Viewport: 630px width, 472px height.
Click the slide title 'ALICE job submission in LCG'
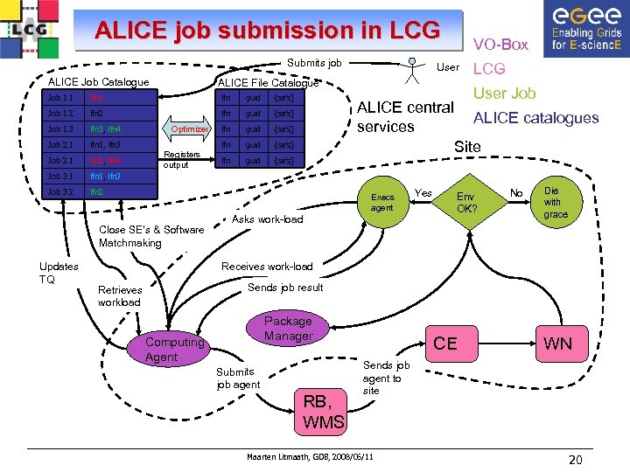pyautogui.click(x=267, y=31)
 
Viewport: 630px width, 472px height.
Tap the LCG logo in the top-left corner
pyautogui.click(x=31, y=31)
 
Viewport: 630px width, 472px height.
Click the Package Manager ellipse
pyautogui.click(x=288, y=329)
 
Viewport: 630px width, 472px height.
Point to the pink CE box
pyautogui.click(x=445, y=344)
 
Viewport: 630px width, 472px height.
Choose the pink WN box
pyautogui.click(x=557, y=344)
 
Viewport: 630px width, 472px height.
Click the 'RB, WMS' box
pyautogui.click(x=323, y=412)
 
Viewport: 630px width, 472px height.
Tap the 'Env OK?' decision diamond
pyautogui.click(x=467, y=203)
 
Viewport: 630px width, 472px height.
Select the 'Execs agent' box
pyautogui.click(x=381, y=203)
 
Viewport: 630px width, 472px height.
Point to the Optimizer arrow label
pyautogui.click(x=189, y=128)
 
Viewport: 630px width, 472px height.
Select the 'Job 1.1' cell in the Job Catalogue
pyautogui.click(x=60, y=98)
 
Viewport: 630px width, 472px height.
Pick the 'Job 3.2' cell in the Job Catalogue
pyautogui.click(x=60, y=191)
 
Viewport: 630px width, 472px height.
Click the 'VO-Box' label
pyautogui.click(x=500, y=44)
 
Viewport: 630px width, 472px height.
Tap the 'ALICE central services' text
pyautogui.click(x=405, y=117)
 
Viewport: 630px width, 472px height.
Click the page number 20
pyautogui.click(x=575, y=461)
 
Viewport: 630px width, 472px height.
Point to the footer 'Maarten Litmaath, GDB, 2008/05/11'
pyautogui.click(x=310, y=457)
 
